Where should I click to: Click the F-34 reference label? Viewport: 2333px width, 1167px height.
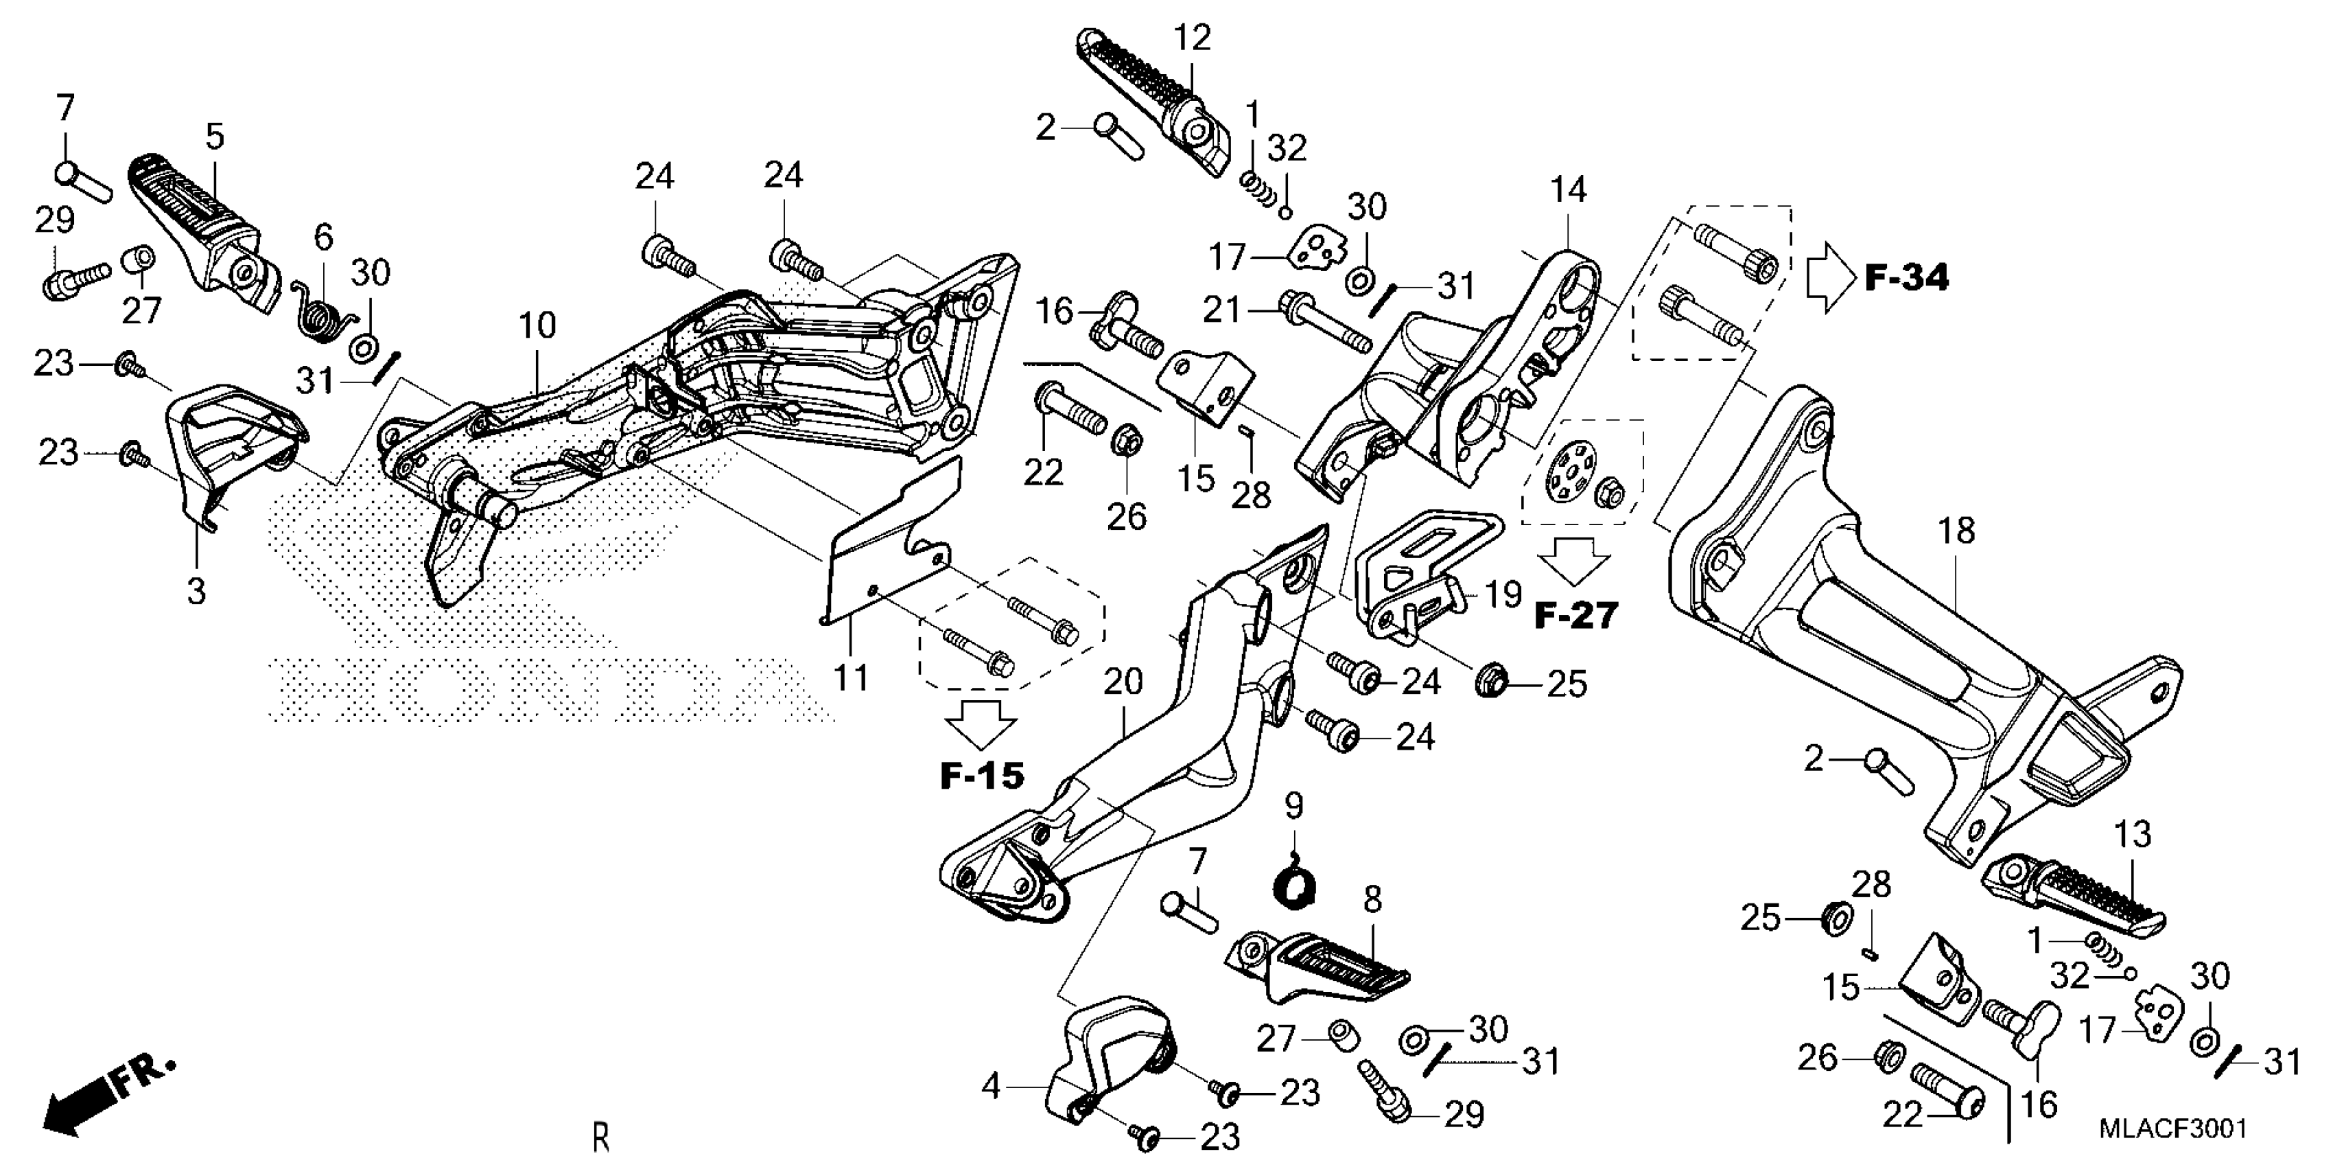click(1906, 277)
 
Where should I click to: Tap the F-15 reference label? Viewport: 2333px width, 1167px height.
click(982, 776)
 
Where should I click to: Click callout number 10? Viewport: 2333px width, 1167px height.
click(537, 325)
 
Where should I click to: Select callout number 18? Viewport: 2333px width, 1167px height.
click(1956, 531)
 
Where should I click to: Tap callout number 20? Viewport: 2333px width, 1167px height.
click(1123, 682)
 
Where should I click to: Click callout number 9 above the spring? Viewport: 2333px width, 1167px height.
click(1293, 805)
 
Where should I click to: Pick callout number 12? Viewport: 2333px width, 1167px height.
click(1192, 38)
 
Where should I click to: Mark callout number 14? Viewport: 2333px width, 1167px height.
click(1568, 189)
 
